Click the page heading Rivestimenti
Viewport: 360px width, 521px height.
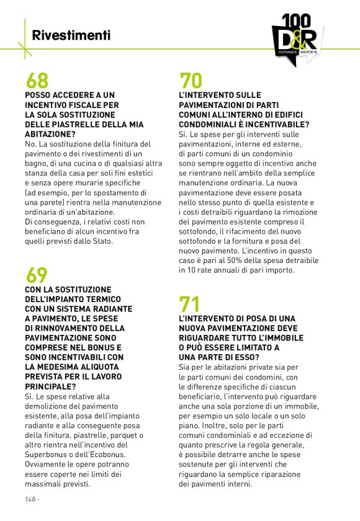click(71, 35)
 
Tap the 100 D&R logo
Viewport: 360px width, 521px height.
click(295, 39)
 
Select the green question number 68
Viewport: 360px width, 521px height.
click(37, 81)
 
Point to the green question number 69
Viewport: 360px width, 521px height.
click(37, 275)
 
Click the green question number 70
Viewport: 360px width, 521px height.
click(191, 81)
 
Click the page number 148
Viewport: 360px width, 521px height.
click(32, 499)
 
